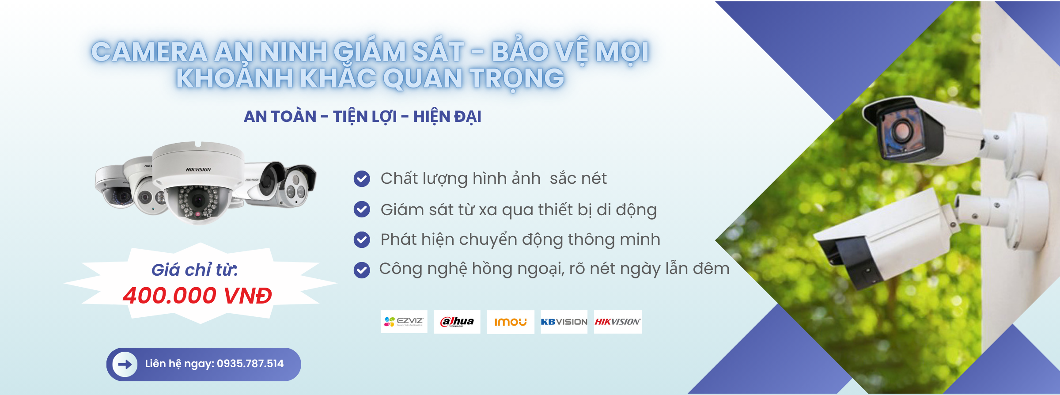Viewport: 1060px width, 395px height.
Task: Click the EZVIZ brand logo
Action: coord(404,322)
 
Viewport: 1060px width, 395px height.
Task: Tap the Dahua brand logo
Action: coord(457,322)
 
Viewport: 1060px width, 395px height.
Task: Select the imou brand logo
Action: coord(510,322)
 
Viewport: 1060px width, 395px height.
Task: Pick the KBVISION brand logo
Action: coord(564,322)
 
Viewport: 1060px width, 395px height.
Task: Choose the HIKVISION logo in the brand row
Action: coord(617,322)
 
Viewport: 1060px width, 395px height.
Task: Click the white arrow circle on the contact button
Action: coord(125,364)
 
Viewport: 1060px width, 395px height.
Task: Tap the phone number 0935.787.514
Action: coord(250,364)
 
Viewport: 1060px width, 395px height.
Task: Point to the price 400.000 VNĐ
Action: coord(197,296)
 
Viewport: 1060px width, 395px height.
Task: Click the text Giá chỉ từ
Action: coord(194,270)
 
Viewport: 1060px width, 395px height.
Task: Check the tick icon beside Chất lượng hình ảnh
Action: coord(362,179)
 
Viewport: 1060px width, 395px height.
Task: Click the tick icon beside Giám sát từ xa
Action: coord(362,209)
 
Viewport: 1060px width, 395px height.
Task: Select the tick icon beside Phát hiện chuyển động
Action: coord(362,239)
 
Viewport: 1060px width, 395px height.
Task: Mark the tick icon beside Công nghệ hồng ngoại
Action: coord(362,270)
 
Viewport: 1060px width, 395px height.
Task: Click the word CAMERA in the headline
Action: coord(149,52)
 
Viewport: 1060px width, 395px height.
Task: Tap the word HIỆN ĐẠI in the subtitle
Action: coord(447,117)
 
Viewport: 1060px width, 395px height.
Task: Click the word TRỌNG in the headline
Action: coord(517,79)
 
